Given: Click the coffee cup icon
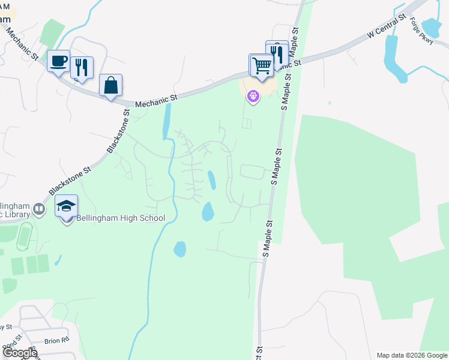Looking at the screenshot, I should coord(58,61).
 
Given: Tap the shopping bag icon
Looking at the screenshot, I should coord(111,85).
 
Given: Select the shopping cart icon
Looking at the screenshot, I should coord(262,64).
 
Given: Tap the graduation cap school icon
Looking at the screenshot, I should coord(67,207).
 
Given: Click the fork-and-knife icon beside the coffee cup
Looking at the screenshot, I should coord(82,67).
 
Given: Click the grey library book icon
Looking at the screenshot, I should coord(40,209).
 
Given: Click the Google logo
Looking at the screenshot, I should coord(20,353).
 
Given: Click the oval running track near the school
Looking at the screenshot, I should coord(24,236).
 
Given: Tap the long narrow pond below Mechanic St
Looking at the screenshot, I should coord(166,120).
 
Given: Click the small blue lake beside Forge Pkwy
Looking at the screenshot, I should coord(431,27).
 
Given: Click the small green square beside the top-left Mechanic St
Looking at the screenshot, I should coord(52,31).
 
